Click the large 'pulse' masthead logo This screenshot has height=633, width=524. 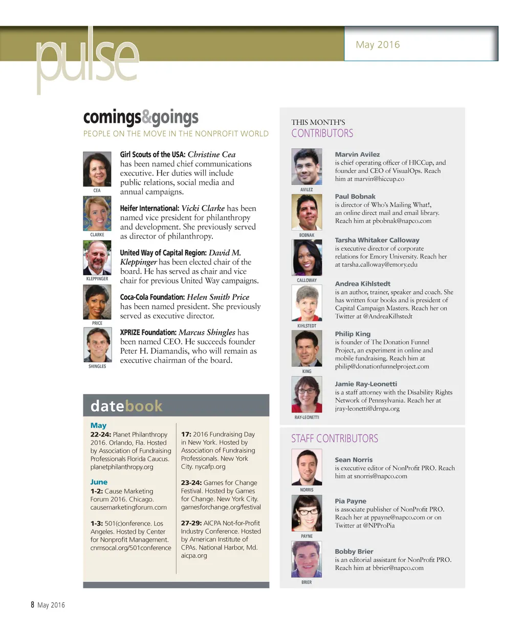(x=87, y=60)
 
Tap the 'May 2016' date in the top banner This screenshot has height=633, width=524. (x=378, y=45)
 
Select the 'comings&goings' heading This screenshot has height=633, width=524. (x=141, y=117)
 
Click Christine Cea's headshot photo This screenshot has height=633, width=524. (x=97, y=169)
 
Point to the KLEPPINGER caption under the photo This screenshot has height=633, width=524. (x=97, y=279)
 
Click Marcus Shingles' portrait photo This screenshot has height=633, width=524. (x=97, y=345)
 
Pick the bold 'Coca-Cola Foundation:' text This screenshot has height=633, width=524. (x=152, y=297)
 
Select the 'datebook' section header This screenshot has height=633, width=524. (x=126, y=406)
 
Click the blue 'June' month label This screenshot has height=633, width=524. (x=99, y=482)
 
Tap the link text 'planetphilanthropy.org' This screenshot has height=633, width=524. (x=122, y=467)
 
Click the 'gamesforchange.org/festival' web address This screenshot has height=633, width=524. (x=221, y=507)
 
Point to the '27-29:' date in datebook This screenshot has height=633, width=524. (x=191, y=523)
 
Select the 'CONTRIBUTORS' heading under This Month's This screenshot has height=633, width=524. (x=322, y=134)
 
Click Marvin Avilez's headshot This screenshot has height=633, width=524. (x=307, y=167)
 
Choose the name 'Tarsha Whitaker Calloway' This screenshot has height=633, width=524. (x=377, y=240)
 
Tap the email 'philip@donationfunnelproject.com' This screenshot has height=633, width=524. (x=382, y=366)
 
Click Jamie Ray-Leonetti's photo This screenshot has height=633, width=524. (x=307, y=394)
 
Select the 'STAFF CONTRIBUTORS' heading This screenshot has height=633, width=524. (x=335, y=439)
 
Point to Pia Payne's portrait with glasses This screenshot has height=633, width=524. (x=307, y=513)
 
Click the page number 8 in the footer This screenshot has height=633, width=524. (x=32, y=605)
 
